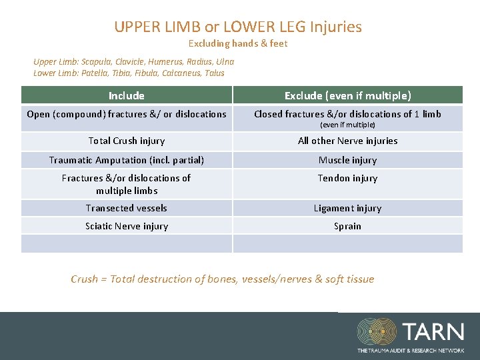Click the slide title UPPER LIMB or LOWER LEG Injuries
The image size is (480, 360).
238,27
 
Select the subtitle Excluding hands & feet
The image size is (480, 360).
238,44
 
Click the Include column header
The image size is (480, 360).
127,95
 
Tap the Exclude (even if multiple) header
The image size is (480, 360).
347,95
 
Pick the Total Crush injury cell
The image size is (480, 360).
127,141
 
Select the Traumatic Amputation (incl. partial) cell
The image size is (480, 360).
127,160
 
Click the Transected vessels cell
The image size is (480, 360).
127,208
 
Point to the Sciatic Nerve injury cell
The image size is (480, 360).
127,226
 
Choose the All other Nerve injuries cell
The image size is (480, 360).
347,141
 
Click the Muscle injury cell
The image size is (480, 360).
347,160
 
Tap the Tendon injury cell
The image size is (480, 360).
347,178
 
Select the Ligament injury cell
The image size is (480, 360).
347,208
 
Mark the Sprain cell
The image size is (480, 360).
347,226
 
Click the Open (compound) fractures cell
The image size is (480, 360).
127,114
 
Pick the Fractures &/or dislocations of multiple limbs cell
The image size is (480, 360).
127,184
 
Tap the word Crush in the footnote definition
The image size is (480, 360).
84,279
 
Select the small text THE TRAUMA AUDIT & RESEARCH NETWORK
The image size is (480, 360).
410,350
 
